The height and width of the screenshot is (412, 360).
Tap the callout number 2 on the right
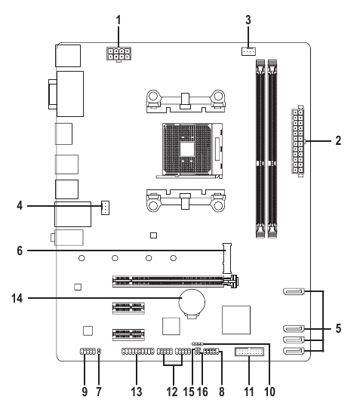tap(338, 140)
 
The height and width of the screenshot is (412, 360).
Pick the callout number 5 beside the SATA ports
tap(338, 328)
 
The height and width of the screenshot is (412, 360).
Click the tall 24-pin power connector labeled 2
tap(297, 140)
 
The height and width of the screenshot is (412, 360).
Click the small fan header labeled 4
tap(106, 206)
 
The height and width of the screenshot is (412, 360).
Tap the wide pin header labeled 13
tap(137, 352)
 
